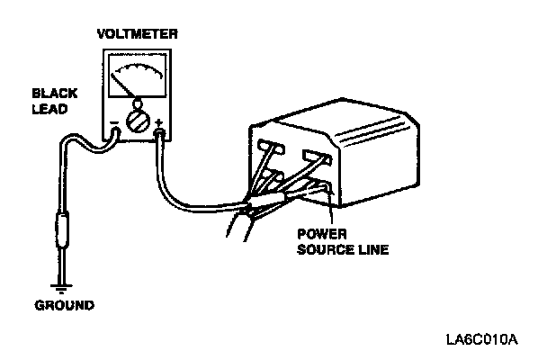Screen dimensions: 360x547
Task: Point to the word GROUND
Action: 64,305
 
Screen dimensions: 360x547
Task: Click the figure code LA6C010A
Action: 481,341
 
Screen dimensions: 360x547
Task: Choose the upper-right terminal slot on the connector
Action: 316,157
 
